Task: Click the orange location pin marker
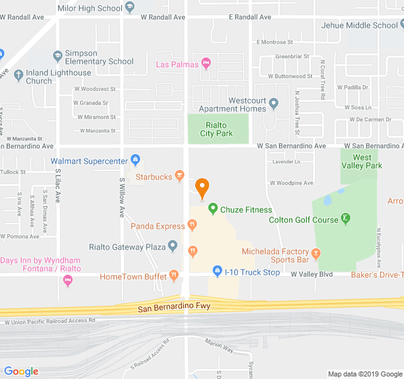coord(202,188)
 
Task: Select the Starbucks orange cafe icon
coord(180,176)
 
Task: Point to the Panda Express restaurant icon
coord(193,226)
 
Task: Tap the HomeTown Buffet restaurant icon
coord(173,276)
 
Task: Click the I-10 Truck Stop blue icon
coord(218,272)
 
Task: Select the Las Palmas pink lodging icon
coord(206,64)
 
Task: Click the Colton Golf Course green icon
coord(346,219)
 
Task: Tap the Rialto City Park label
coord(217,129)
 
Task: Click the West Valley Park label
coord(367,162)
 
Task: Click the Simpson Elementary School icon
coord(58,55)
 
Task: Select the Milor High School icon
coord(130,8)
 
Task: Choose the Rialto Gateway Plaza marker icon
coord(173,246)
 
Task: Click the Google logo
coord(21,371)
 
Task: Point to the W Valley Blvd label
coord(311,274)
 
